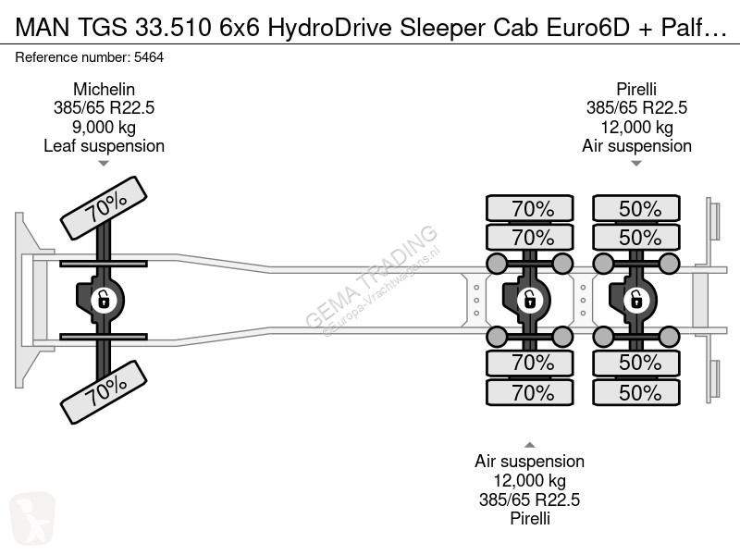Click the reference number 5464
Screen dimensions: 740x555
click(149, 57)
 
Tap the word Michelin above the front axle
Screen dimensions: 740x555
click(104, 89)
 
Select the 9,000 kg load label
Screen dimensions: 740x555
click(104, 127)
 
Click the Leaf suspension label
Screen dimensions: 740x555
click(104, 146)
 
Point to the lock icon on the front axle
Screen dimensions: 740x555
click(104, 300)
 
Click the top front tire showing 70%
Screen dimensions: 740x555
click(104, 208)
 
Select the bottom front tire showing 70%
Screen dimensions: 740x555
click(104, 392)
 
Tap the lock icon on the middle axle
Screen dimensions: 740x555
click(529, 300)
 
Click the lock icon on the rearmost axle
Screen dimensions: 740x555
click(636, 300)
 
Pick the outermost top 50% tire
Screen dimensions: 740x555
click(636, 208)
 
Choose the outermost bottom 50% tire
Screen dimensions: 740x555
click(636, 392)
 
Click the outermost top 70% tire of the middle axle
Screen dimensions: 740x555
click(529, 208)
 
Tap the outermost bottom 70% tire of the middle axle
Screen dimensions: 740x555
click(529, 392)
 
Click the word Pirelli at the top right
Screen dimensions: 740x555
click(636, 89)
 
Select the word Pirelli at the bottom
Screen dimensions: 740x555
click(529, 519)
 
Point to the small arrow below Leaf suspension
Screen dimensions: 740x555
click(104, 164)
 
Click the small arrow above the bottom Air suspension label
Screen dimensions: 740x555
click(529, 445)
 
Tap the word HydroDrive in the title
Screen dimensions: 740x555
click(329, 28)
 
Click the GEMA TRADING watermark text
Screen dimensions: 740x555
click(372, 276)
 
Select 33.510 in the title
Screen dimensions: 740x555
click(173, 28)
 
